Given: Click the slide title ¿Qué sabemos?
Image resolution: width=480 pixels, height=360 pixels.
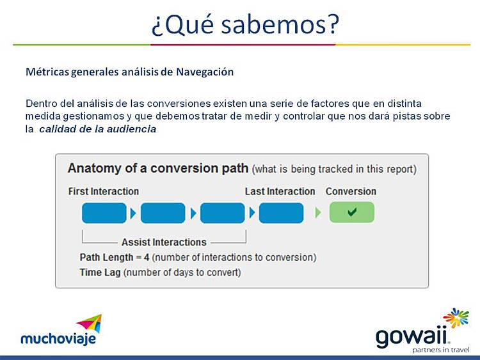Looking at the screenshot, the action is click(x=245, y=24).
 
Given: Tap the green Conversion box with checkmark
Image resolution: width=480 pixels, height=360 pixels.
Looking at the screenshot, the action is click(x=352, y=212).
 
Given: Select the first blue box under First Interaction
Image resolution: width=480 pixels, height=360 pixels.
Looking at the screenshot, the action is click(x=104, y=213).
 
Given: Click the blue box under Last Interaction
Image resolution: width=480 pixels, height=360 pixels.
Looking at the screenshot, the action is click(x=281, y=213).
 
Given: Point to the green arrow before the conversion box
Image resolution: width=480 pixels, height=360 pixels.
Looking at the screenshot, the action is click(x=318, y=212).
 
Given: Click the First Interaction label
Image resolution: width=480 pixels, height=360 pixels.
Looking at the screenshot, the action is click(x=104, y=191).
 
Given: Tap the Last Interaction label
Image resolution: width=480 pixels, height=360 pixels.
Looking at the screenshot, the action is click(x=280, y=191).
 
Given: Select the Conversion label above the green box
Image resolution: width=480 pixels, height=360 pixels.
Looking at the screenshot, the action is click(x=351, y=191).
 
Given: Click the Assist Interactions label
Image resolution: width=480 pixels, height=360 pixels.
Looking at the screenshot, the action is click(x=164, y=242).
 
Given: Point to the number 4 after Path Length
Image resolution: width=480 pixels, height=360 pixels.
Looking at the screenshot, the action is click(x=147, y=258).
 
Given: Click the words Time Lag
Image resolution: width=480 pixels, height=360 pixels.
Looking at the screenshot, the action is click(x=100, y=272).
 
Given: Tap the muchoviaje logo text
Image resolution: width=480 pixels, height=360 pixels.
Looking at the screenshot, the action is click(x=58, y=339).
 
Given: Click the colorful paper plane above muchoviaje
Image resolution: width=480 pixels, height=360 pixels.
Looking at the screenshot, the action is click(x=90, y=324).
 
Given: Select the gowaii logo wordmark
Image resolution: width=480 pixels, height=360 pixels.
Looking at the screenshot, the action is click(x=412, y=337).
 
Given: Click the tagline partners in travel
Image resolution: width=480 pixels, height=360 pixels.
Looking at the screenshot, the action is click(x=441, y=350).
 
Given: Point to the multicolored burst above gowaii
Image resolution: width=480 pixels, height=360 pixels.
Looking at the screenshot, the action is click(x=456, y=318).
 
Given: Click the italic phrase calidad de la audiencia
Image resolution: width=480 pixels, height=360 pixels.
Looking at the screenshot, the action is click(x=98, y=129).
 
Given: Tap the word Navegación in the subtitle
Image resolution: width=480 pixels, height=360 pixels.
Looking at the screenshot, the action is click(x=205, y=72).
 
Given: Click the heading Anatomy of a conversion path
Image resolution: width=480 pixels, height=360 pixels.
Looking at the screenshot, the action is click(x=158, y=168).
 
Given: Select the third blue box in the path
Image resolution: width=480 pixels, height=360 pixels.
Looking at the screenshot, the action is click(x=223, y=213).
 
